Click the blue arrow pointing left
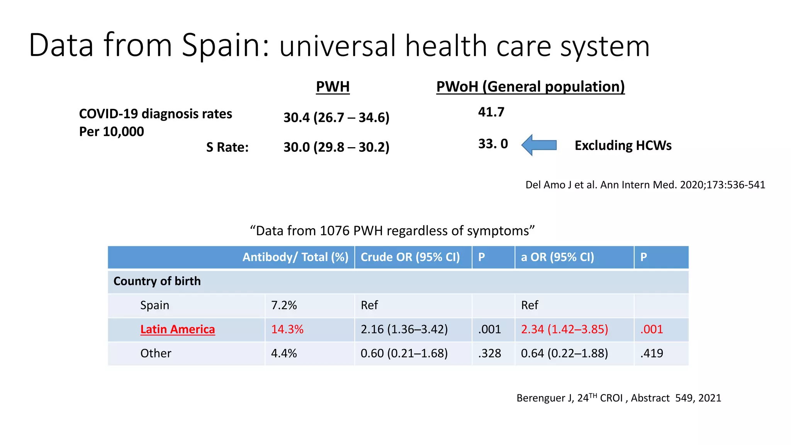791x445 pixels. point(539,145)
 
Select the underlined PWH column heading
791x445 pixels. point(333,87)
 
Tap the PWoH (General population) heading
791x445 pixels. point(530,87)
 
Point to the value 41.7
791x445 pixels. point(491,112)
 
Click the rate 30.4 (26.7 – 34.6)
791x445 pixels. point(336,117)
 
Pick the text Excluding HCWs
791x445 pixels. point(623,146)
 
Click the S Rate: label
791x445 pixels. point(227,147)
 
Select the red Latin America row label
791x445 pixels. point(177,330)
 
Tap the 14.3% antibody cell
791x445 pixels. point(287,330)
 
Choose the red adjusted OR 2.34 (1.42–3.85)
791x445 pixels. point(564,330)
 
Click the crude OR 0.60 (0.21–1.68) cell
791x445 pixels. point(404,353)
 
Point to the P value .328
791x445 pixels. point(489,353)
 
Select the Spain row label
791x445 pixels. point(154,306)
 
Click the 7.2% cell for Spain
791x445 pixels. point(284,306)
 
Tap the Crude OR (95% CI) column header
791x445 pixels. point(410,257)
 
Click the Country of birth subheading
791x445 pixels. point(157,281)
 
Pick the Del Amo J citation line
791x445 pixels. point(645,185)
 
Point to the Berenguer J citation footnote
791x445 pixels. point(619,398)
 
